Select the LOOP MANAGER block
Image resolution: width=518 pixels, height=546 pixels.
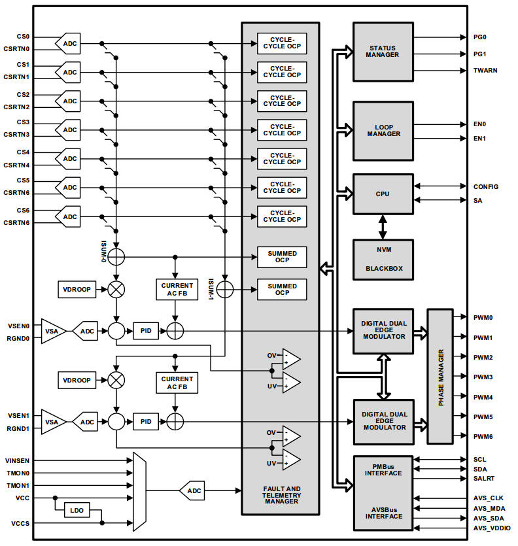383,130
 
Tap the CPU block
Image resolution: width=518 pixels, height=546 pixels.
383,194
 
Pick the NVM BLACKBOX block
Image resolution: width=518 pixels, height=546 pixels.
383,259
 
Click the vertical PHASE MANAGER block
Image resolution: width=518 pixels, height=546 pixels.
441,377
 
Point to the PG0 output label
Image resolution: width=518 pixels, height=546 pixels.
480,38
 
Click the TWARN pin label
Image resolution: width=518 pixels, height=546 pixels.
485,70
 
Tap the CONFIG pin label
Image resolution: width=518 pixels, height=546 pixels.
486,186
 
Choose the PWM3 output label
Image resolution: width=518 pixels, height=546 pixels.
483,377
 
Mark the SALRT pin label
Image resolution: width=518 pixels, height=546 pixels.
485,479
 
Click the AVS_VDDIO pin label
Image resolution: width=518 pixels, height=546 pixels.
492,528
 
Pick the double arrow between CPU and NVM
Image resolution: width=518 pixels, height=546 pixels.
383,226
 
